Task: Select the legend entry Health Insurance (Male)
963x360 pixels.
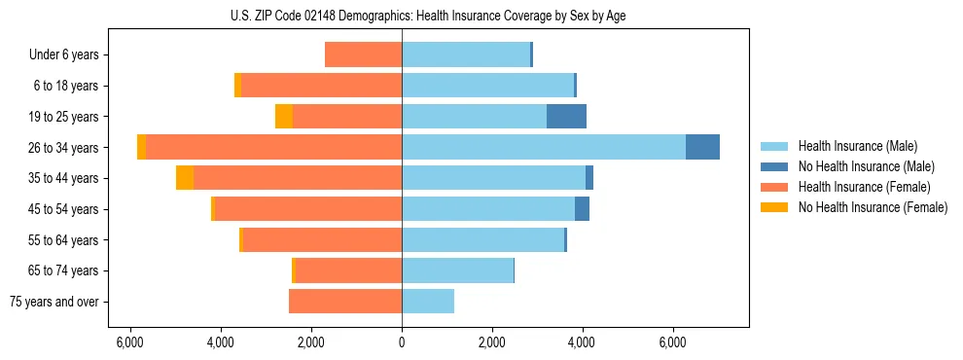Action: point(857,146)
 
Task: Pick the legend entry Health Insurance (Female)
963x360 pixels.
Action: point(864,187)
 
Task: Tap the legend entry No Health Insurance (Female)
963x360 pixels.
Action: point(873,207)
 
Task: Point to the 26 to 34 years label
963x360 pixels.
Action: point(64,148)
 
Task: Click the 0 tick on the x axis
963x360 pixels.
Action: point(402,342)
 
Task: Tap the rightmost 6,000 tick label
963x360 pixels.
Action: point(673,342)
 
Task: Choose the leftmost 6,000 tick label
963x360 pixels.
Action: point(130,342)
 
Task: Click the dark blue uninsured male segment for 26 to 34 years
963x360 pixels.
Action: point(702,147)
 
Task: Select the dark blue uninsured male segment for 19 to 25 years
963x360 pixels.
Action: point(566,117)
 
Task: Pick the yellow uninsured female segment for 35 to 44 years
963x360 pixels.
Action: point(185,178)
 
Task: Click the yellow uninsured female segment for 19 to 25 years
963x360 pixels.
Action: point(284,117)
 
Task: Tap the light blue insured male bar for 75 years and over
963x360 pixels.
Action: point(428,302)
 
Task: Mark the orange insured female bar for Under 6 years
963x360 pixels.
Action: point(363,55)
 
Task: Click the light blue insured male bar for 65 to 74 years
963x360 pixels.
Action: point(457,270)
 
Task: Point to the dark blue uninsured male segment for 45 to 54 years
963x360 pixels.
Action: point(582,209)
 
